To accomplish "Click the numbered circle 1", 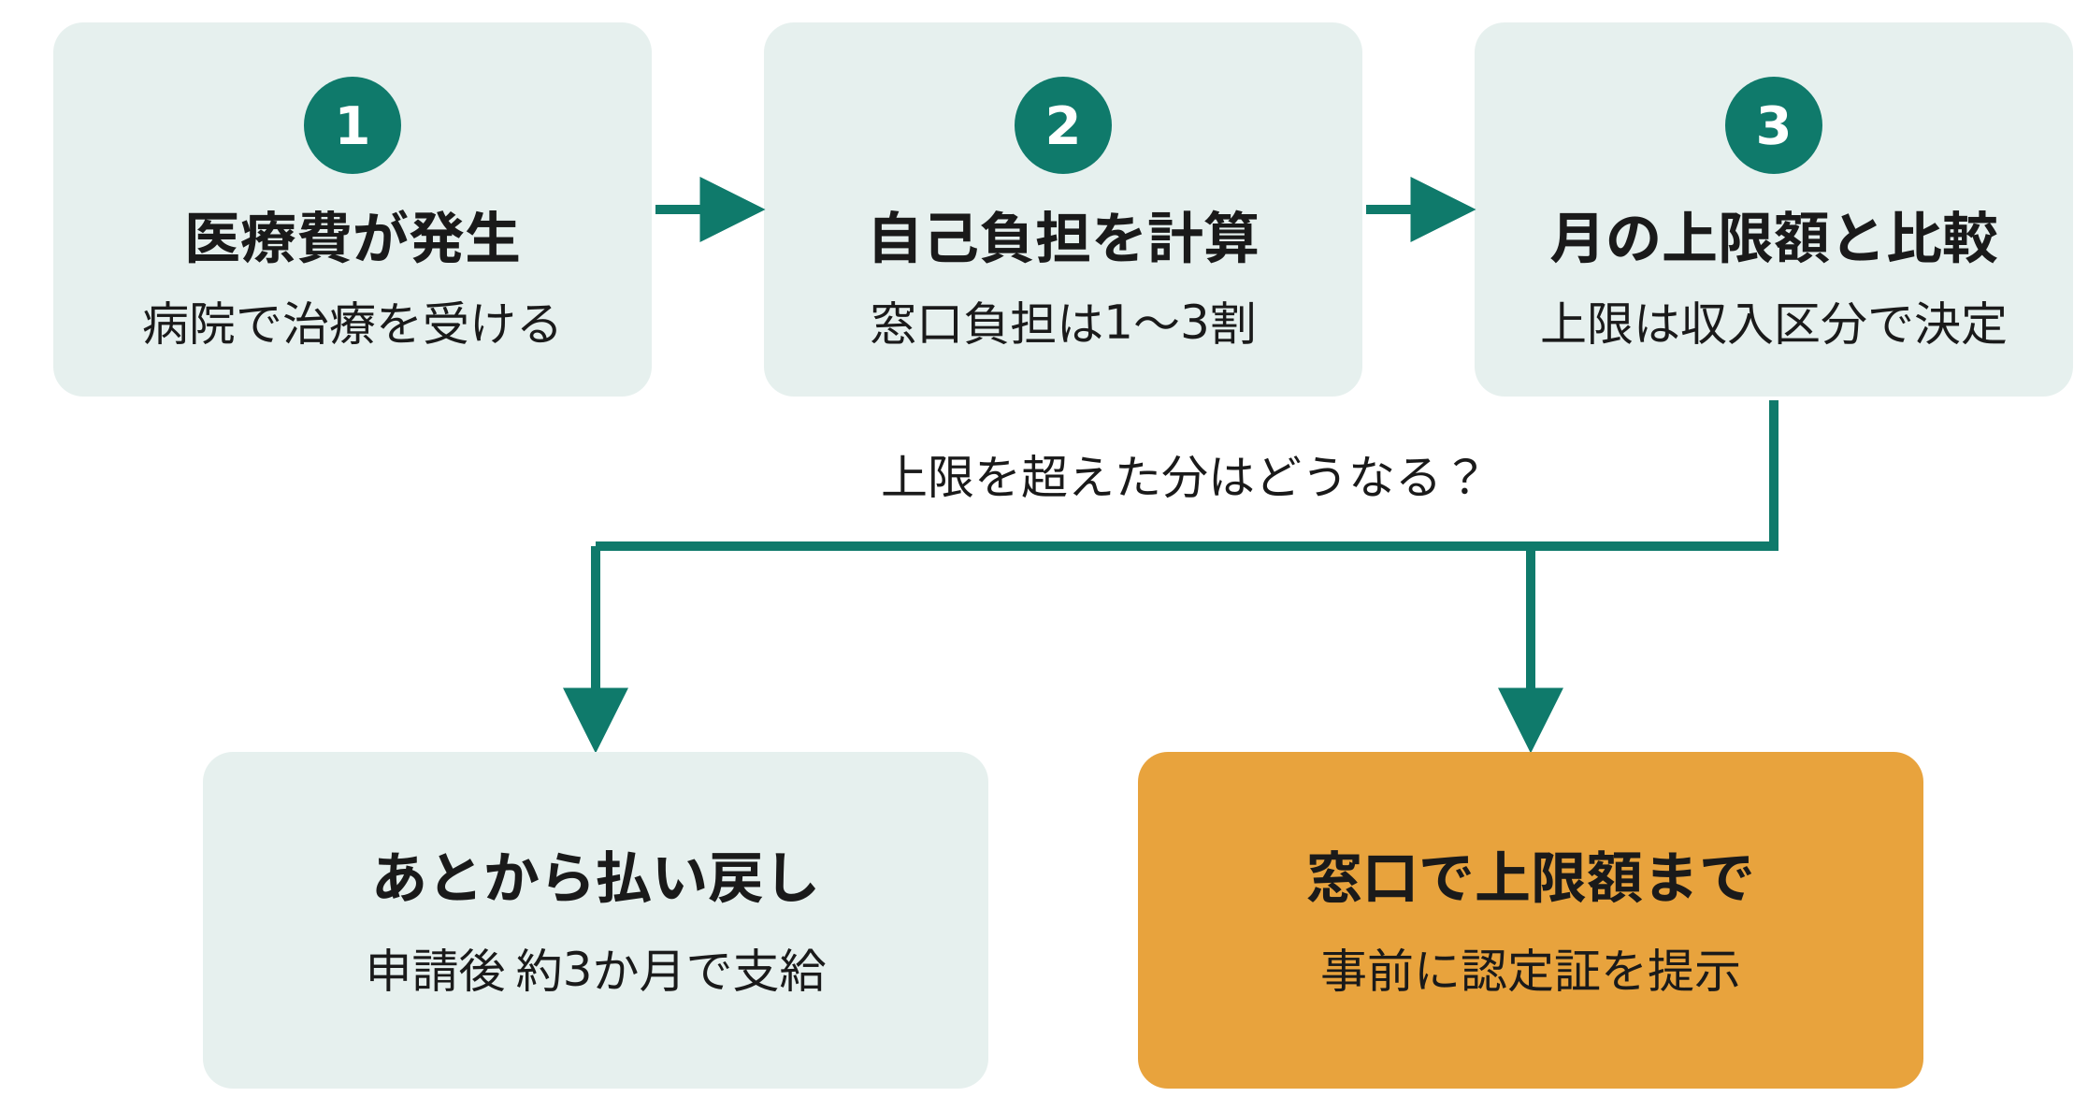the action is click(353, 125).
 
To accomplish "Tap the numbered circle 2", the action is click(1063, 125).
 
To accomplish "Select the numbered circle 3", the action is click(1774, 125).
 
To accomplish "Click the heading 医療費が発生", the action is click(353, 238).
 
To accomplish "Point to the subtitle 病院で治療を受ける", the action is click(352, 325).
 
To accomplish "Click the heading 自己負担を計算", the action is click(1064, 238).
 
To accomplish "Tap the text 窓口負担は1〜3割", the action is click(1063, 325).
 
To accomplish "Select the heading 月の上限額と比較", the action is click(1774, 238).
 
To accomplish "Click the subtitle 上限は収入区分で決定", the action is click(1774, 325).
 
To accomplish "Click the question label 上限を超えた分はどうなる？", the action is click(1180, 477).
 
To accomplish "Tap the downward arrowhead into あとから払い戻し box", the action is click(596, 718).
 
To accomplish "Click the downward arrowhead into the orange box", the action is click(1531, 718).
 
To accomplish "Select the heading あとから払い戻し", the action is click(596, 878).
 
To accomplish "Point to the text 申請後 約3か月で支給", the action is click(596, 970).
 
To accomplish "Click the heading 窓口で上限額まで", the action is click(1530, 878).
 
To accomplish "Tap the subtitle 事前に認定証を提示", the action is click(1531, 970).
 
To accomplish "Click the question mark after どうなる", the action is click(1463, 477).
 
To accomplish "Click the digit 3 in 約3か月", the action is click(578, 970).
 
